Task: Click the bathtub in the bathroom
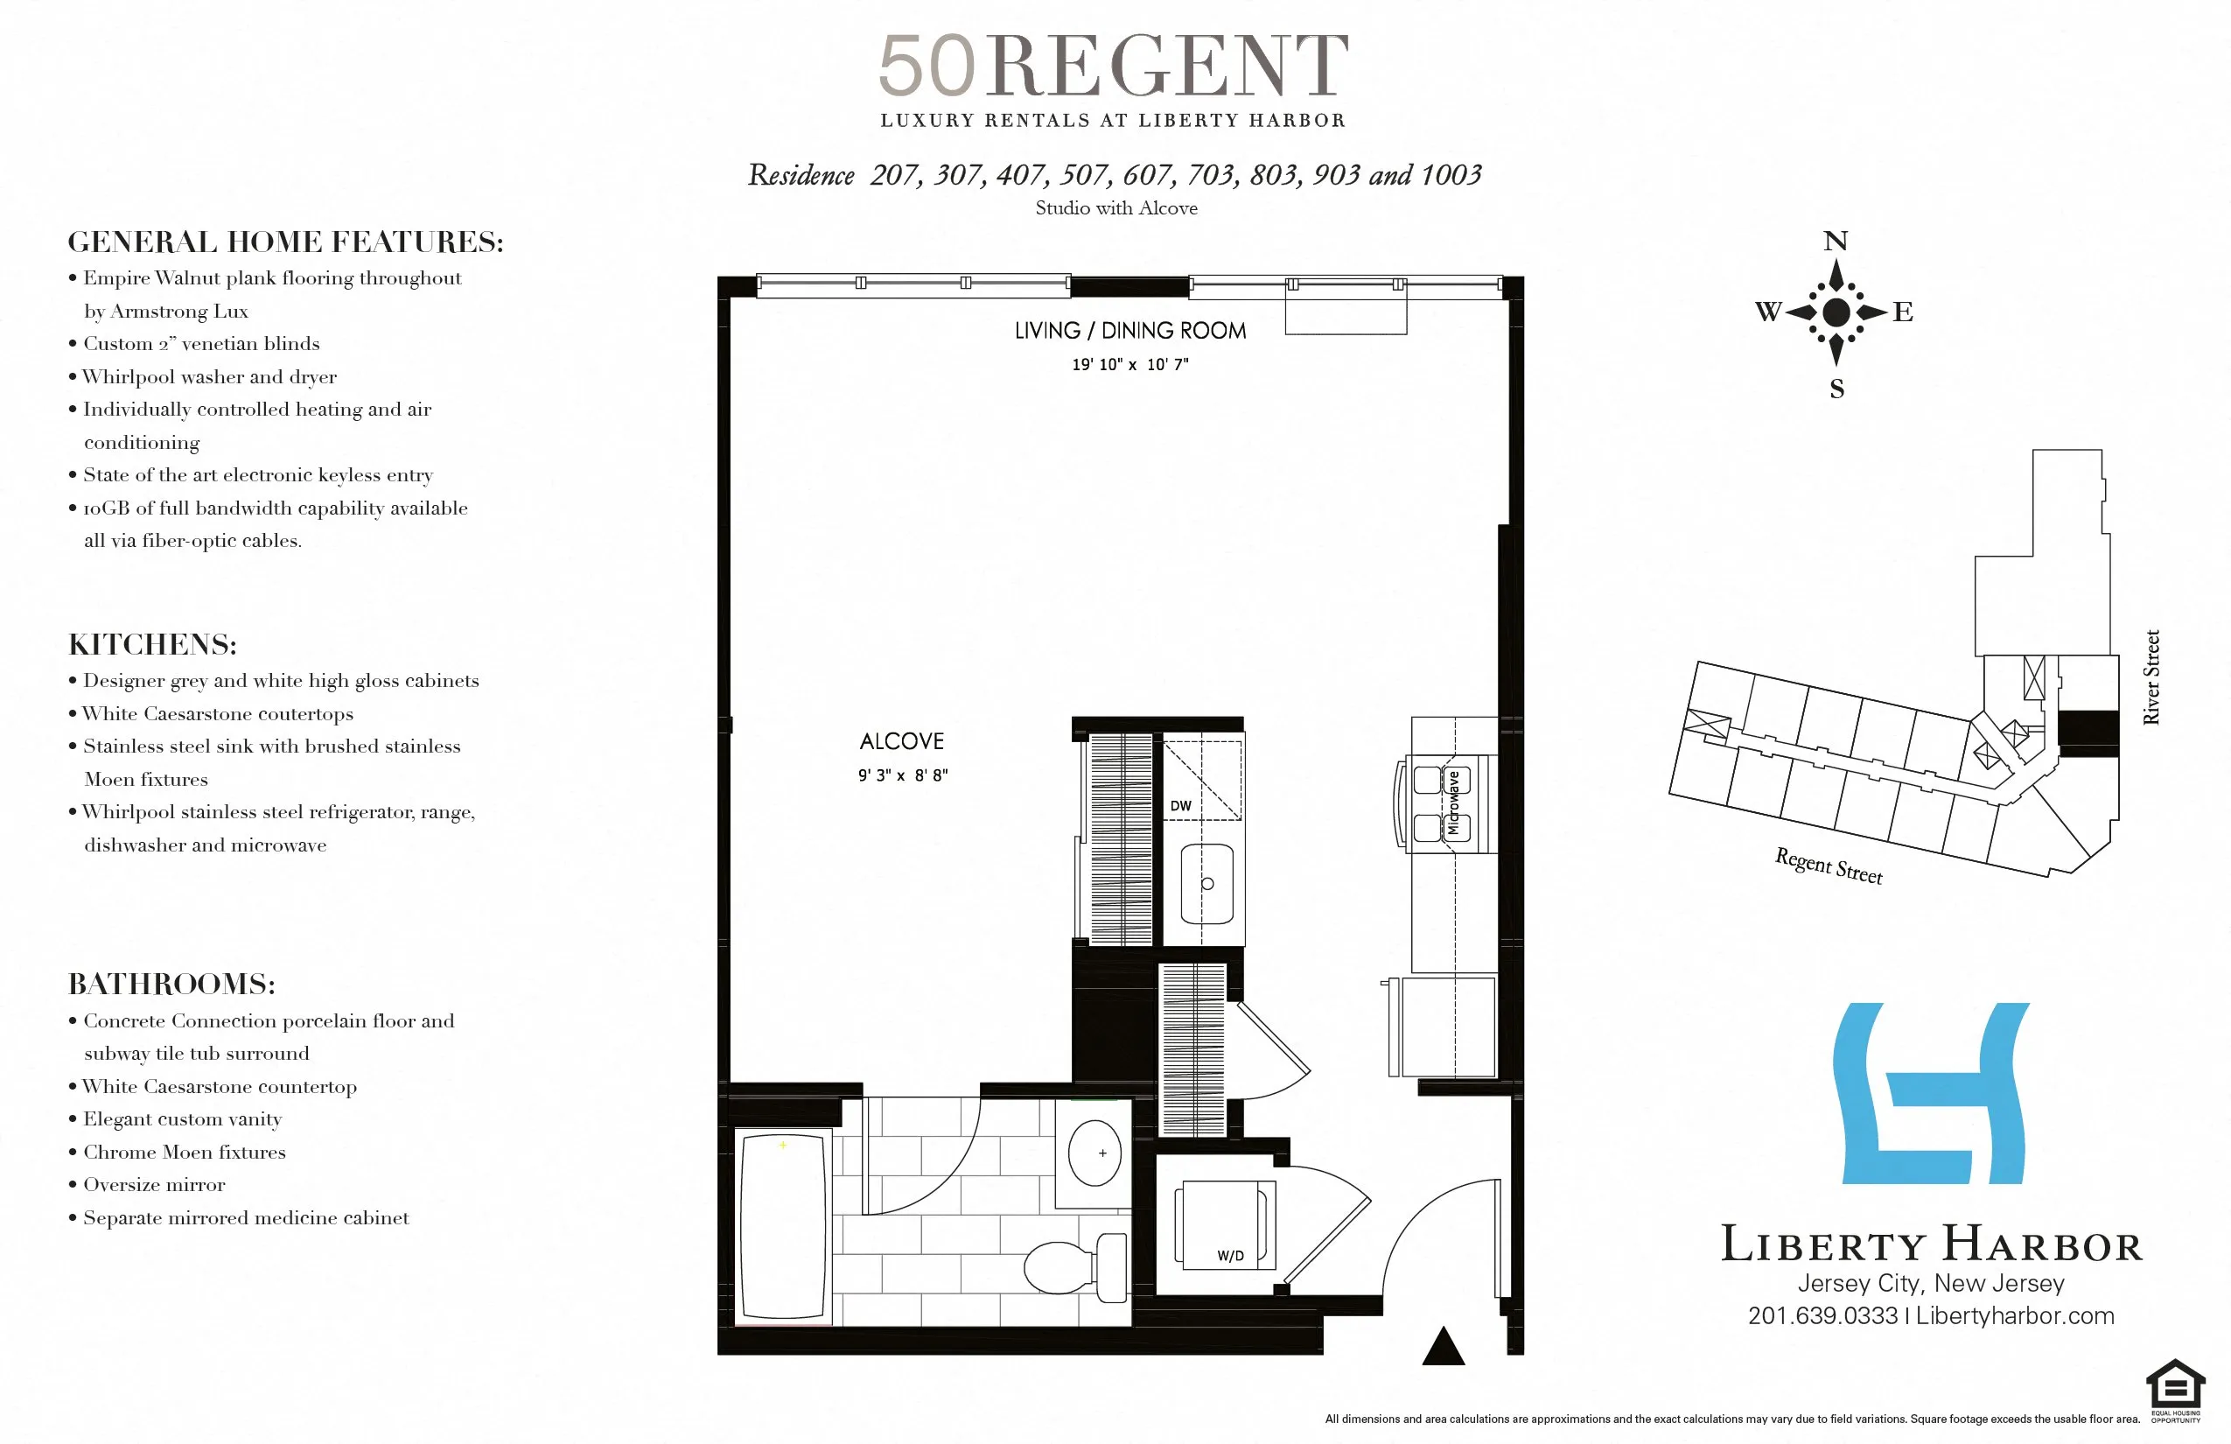point(784,1226)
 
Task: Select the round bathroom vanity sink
point(1095,1153)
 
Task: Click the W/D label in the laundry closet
point(1230,1256)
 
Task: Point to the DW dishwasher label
point(1180,805)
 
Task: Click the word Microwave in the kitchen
point(1453,803)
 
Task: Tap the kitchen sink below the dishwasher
point(1206,883)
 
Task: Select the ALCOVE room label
point(902,740)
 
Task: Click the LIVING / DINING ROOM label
point(1129,330)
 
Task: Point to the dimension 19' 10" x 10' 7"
point(1129,365)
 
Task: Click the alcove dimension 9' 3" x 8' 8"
point(903,775)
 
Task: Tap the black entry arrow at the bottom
point(1443,1347)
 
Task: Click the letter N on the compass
point(1835,241)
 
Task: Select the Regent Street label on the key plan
point(1828,866)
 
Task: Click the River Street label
point(2151,677)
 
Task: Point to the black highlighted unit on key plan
point(2088,733)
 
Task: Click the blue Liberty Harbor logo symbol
point(1930,1093)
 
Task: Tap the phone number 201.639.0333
point(1822,1315)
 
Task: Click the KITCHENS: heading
point(153,644)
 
